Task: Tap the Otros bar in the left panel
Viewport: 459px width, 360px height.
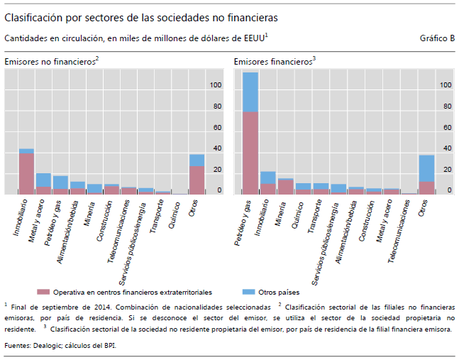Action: pyautogui.click(x=197, y=174)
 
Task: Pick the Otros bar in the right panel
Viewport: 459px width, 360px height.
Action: pyautogui.click(x=426, y=175)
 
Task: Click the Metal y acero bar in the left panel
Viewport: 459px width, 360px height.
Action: pyautogui.click(x=43, y=183)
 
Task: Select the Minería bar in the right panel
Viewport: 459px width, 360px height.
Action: pyautogui.click(x=285, y=186)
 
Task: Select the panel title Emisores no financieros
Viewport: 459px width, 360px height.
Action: pyautogui.click(x=50, y=62)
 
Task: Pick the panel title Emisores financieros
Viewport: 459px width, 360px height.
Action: pyautogui.click(x=273, y=62)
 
